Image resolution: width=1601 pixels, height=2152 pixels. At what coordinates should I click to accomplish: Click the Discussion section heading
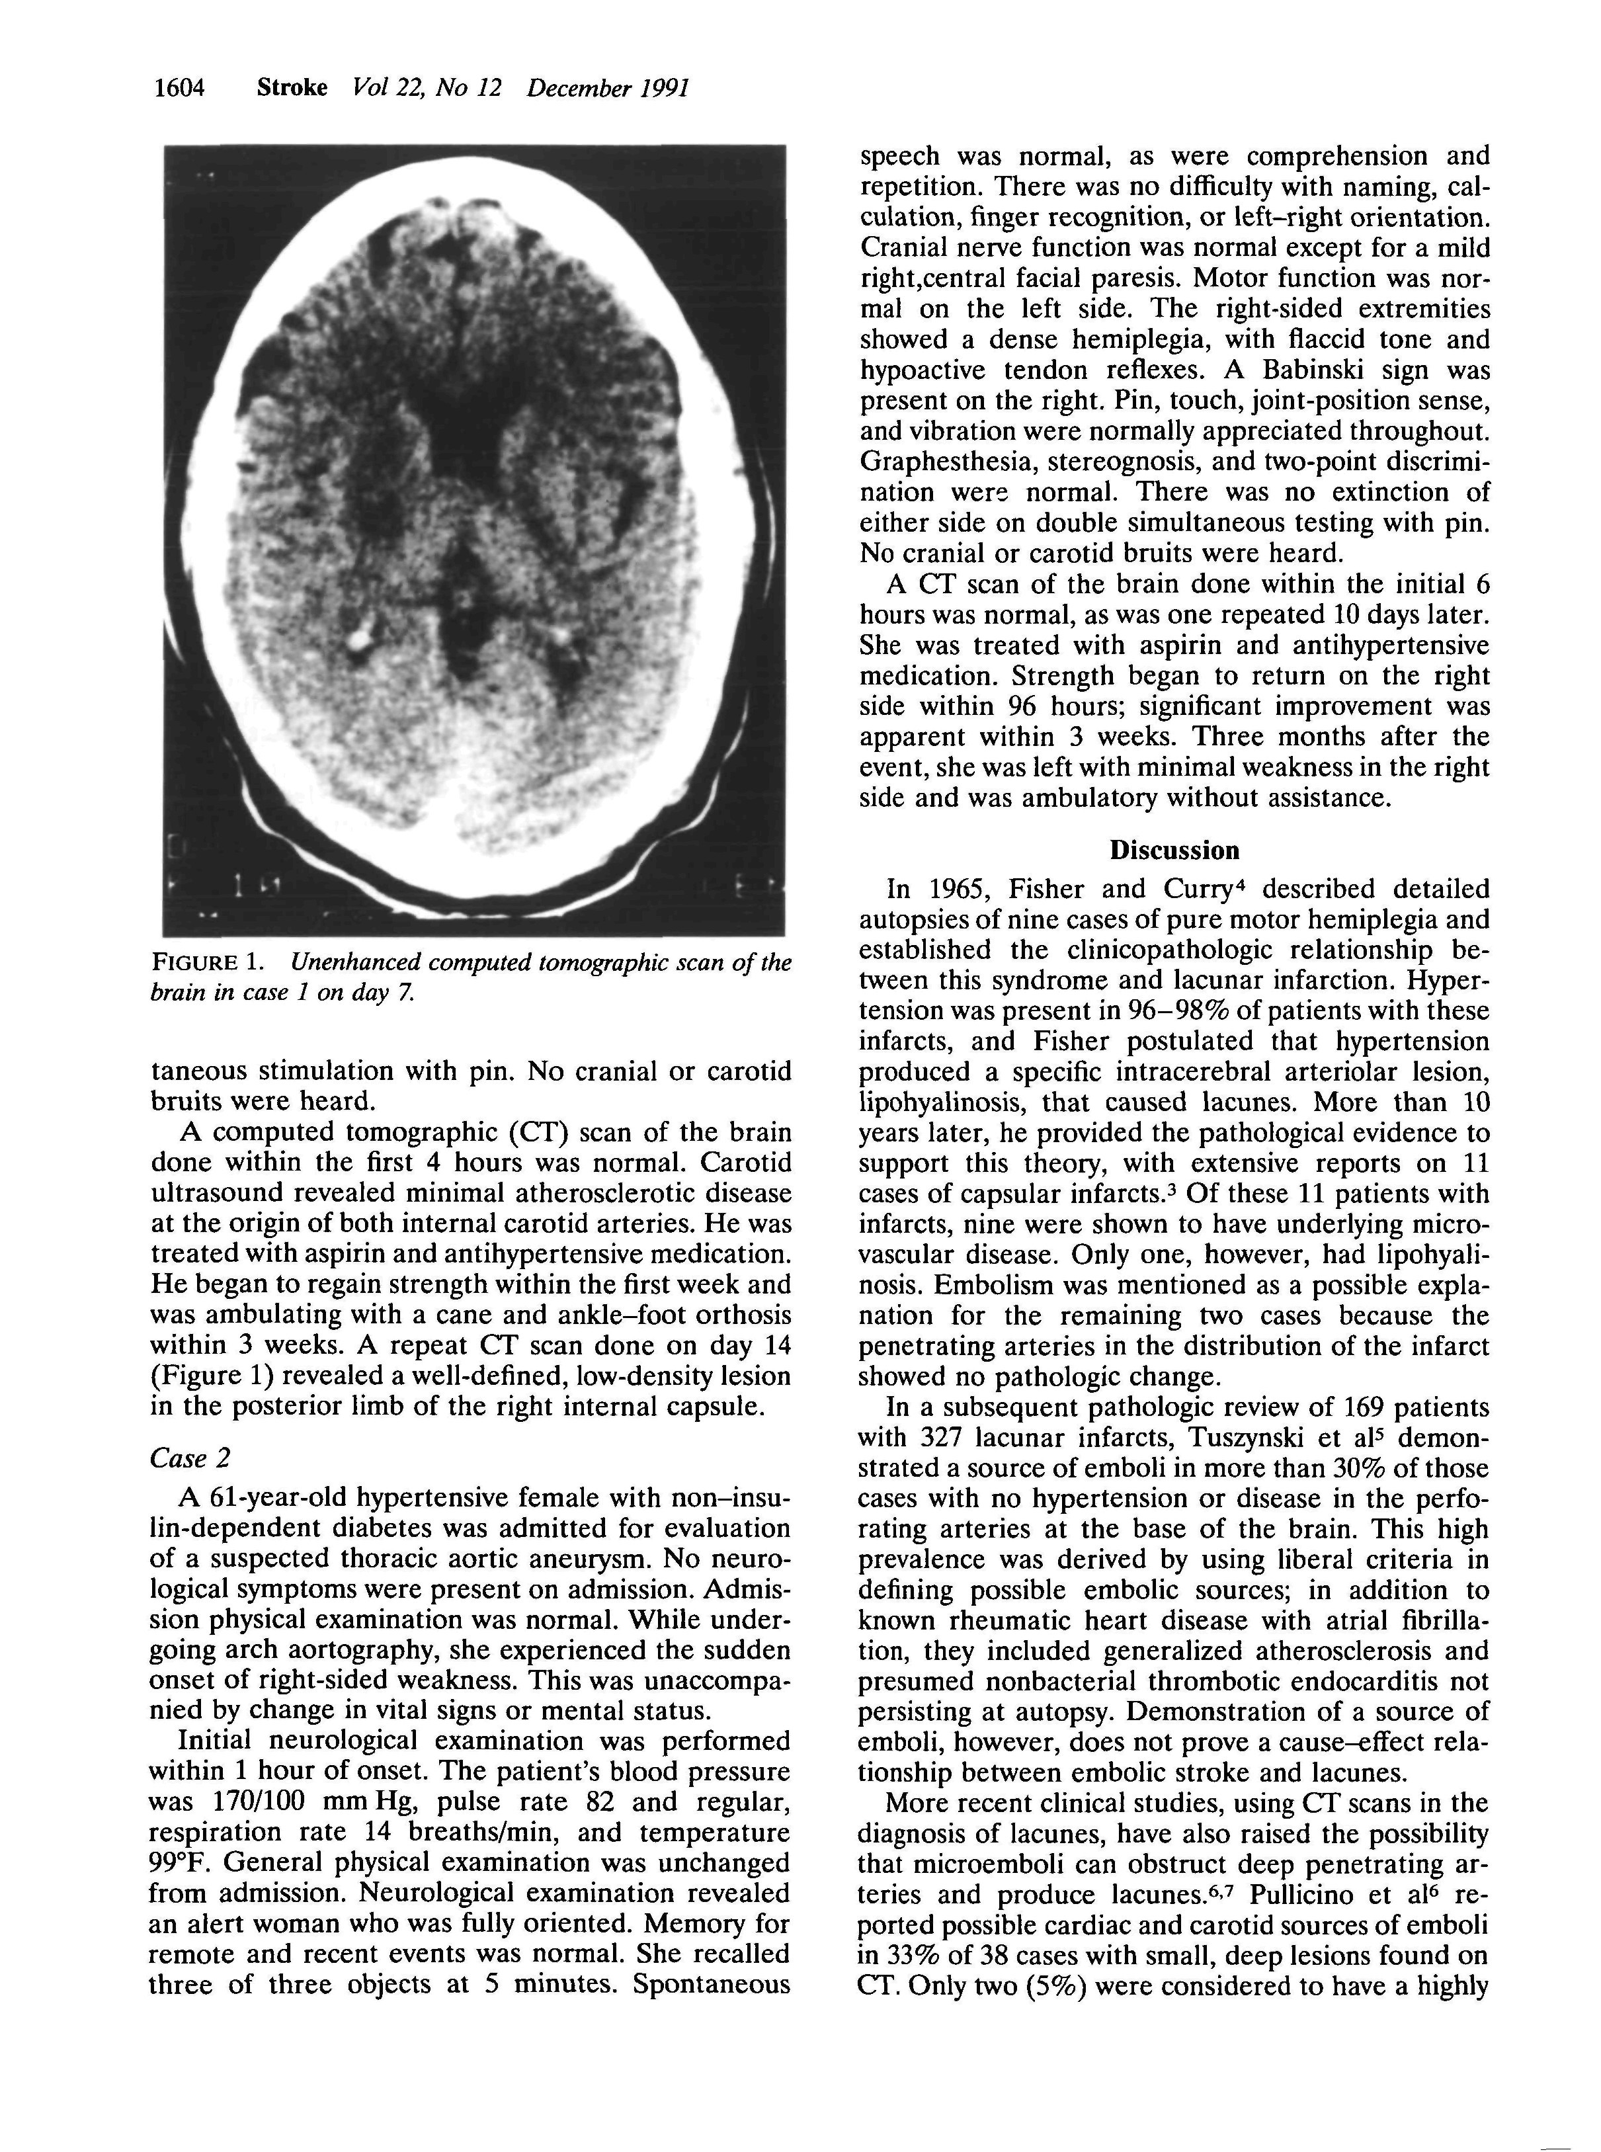click(1174, 850)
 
